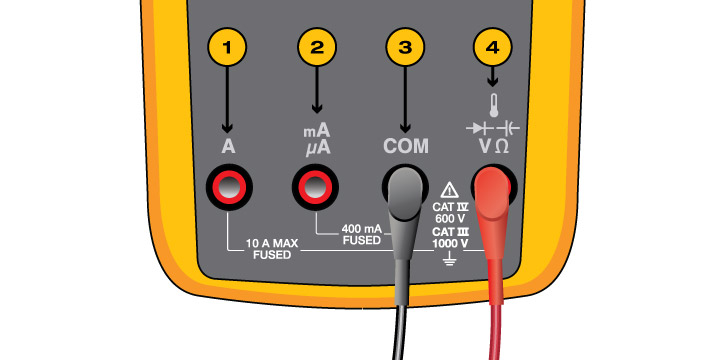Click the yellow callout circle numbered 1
point(227,46)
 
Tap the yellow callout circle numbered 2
point(317,46)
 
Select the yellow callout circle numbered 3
point(406,46)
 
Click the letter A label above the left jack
point(228,147)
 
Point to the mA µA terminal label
point(317,140)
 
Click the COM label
point(406,147)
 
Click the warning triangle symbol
point(449,188)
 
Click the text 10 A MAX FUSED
point(273,250)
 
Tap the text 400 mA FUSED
point(361,235)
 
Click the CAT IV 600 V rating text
point(450,211)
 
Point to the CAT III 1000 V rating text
point(450,237)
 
